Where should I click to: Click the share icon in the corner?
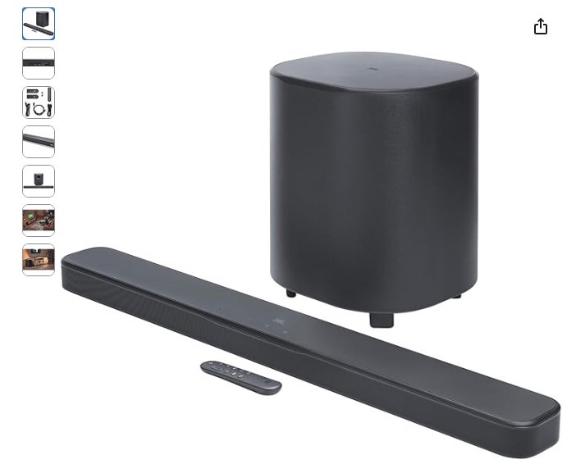[540, 27]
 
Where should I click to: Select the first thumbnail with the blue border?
[39, 24]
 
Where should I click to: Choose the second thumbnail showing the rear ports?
[39, 63]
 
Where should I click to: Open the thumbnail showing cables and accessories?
[39, 102]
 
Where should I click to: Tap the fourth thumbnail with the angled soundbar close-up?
[39, 142]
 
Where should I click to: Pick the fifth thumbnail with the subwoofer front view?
[39, 181]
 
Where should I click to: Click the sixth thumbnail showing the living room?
[39, 221]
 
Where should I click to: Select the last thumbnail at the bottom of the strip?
[39, 260]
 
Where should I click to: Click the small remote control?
[241, 376]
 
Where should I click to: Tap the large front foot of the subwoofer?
[381, 319]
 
